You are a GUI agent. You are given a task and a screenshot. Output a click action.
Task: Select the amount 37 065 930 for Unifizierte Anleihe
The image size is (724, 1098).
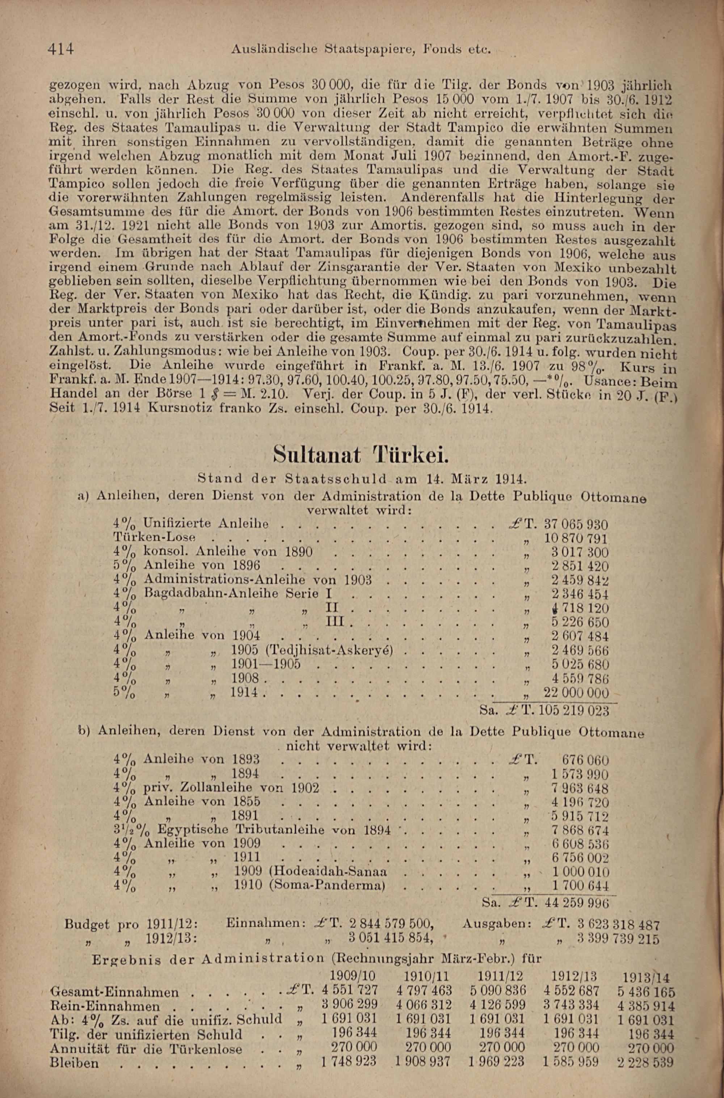[x=576, y=525]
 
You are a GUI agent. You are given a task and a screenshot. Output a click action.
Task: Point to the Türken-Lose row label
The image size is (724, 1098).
[x=155, y=538]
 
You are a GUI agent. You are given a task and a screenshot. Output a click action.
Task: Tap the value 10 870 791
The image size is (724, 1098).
[x=576, y=539]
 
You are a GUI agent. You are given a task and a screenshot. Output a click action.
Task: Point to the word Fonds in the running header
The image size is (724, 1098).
[x=444, y=48]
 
